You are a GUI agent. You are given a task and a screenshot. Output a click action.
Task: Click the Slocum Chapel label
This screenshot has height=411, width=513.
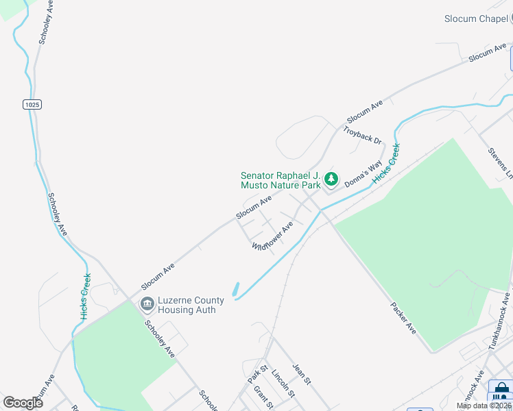[x=479, y=18]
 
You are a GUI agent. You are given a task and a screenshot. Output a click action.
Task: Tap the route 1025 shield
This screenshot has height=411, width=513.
[x=32, y=104]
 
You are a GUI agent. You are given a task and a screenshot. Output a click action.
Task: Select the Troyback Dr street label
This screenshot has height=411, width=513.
[x=362, y=135]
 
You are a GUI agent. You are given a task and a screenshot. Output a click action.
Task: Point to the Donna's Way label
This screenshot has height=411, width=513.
[x=363, y=175]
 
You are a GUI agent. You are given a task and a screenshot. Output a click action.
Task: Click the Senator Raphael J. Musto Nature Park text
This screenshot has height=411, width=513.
[x=281, y=180]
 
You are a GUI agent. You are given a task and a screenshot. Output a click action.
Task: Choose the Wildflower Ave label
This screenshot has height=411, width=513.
[x=272, y=236]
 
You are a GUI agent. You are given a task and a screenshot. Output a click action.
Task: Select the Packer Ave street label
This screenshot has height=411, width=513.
[x=403, y=319]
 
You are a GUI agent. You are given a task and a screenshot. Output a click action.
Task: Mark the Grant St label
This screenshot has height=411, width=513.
[x=263, y=397]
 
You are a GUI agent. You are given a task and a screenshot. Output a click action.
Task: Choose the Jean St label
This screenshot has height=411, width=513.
[x=302, y=374]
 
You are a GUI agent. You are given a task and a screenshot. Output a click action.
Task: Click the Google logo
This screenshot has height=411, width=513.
[x=23, y=402]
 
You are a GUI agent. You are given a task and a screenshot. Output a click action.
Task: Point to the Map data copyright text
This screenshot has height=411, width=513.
[x=484, y=406]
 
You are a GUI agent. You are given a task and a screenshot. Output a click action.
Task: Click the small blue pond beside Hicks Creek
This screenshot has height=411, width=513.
[x=236, y=290]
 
